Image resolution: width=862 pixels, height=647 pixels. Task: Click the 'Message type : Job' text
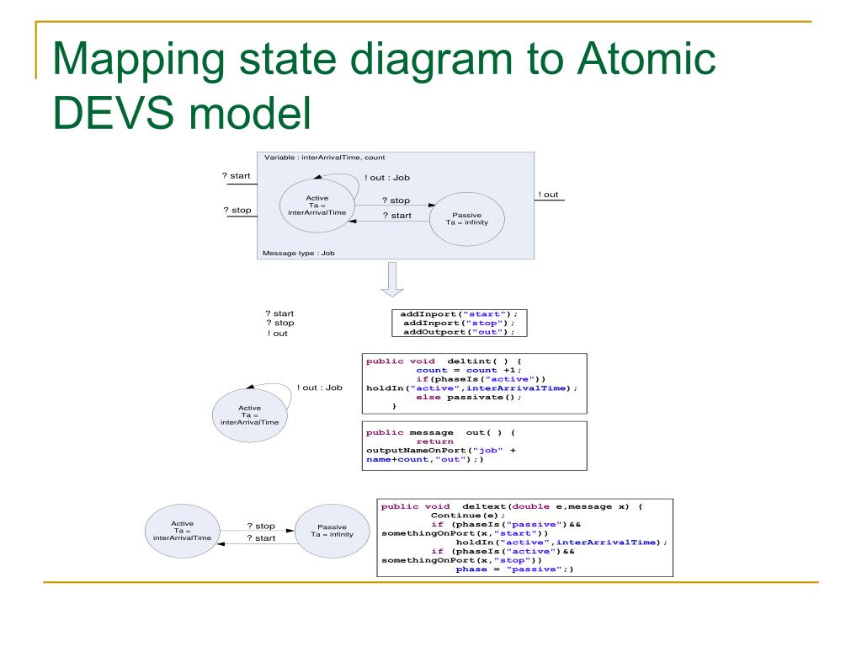point(299,253)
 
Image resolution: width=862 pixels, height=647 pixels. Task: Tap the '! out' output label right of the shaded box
point(548,195)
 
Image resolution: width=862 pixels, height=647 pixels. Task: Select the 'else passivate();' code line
point(469,397)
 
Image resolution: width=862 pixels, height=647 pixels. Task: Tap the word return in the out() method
point(434,441)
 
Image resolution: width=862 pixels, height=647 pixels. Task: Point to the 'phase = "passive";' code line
point(514,569)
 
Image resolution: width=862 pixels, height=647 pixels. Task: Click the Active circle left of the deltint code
point(250,414)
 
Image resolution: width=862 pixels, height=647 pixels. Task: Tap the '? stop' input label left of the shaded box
point(237,210)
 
